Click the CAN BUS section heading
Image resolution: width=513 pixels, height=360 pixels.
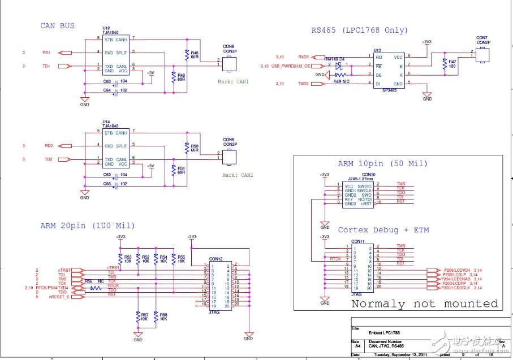click(57, 26)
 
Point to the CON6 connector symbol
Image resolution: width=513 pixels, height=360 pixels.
click(229, 63)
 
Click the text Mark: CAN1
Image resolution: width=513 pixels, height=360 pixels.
click(233, 81)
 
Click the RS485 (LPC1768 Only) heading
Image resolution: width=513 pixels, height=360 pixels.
click(359, 30)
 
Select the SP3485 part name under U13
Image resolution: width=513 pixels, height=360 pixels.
click(390, 90)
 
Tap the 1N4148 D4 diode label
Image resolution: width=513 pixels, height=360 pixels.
click(335, 58)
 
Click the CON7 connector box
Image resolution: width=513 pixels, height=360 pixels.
click(482, 55)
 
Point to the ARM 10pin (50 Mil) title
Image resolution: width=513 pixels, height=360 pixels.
click(382, 164)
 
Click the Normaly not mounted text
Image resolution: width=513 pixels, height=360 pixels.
click(425, 304)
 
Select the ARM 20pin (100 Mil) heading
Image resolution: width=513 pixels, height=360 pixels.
click(87, 225)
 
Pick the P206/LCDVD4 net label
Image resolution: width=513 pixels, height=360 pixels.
click(458, 270)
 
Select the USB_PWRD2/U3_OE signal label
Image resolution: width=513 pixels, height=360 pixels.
click(291, 66)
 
